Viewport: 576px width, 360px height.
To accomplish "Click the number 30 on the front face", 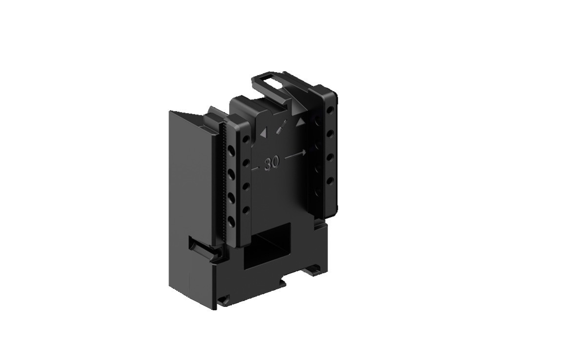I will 271,164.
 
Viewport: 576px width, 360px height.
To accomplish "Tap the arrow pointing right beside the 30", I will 295,155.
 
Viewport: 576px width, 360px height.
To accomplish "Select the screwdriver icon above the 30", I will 281,128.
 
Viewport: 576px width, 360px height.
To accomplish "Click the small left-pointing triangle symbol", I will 263,132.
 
